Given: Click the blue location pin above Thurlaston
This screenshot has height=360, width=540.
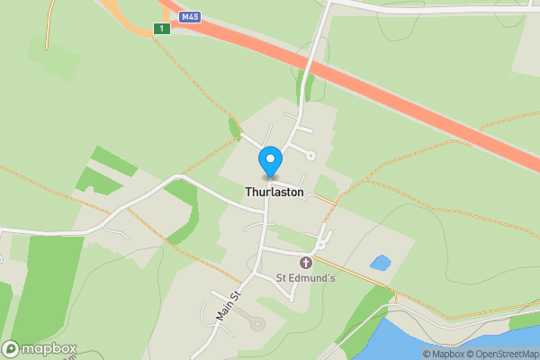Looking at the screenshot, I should [x=269, y=161].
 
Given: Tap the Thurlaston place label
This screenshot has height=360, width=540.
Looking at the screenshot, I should [x=274, y=193].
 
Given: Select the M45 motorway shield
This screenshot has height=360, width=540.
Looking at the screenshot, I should [x=189, y=16].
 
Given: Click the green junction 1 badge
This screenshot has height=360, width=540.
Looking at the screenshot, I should [x=161, y=29].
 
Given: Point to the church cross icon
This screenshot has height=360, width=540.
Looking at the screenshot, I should [x=305, y=262].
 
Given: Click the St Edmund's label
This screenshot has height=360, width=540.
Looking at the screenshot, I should [x=305, y=278].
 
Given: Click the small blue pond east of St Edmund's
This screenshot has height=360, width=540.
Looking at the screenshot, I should [x=380, y=263].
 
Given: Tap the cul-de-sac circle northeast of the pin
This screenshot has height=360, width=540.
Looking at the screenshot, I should [x=311, y=156].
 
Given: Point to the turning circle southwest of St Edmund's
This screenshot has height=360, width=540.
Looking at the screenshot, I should [x=258, y=323].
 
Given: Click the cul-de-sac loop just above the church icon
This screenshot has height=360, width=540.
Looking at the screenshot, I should [x=320, y=244].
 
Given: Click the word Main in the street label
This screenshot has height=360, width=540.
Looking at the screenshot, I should [x=222, y=311].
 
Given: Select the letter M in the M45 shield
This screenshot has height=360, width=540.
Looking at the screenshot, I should [x=184, y=16].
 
